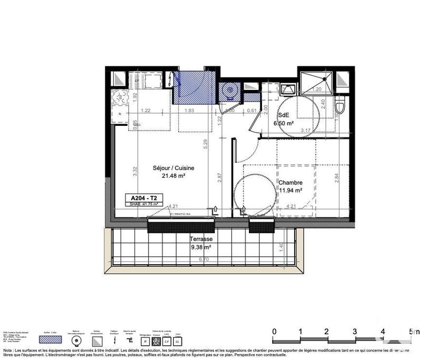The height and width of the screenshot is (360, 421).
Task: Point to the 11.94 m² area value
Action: point(290,191)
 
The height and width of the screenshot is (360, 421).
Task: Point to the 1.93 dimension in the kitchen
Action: point(190,110)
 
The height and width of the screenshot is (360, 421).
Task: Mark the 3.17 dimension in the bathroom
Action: point(305,129)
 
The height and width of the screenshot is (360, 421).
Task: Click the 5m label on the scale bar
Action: point(414,332)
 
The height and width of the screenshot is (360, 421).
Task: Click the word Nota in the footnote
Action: point(8,350)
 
